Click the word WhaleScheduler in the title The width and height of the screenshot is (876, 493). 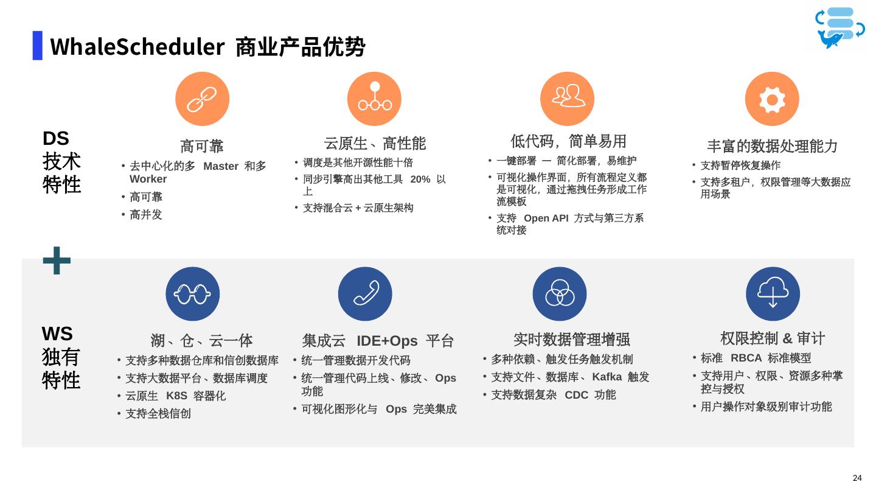click(137, 46)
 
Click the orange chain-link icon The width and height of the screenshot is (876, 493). click(202, 99)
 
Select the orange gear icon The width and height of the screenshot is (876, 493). click(772, 99)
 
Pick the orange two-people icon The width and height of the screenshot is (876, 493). click(568, 99)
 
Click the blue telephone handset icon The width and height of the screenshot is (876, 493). click(365, 295)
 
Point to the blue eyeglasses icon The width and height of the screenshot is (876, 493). click(193, 295)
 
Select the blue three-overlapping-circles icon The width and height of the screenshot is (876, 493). click(559, 295)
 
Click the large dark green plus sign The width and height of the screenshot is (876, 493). click(57, 260)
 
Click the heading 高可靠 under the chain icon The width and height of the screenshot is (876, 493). click(202, 146)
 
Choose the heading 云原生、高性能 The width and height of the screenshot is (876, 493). click(375, 144)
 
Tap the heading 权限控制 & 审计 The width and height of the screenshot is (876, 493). click(773, 338)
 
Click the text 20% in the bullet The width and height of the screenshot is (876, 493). click(421, 179)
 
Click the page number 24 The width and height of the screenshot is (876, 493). click(858, 477)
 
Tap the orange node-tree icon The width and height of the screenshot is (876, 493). click(375, 98)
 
